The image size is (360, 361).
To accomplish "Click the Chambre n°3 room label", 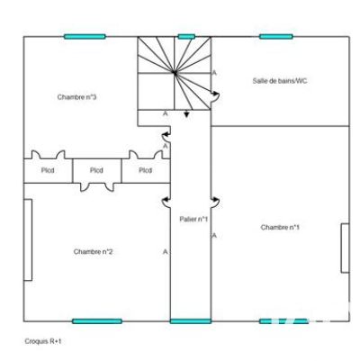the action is click(x=76, y=97).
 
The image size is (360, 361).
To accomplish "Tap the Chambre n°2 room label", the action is click(x=93, y=252).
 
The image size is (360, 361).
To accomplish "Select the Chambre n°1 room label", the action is click(x=280, y=228).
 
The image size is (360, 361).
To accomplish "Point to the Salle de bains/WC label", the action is click(x=280, y=81).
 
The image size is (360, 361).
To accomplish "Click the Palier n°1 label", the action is click(x=193, y=220).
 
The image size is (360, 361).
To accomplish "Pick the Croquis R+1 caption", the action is click(x=43, y=341).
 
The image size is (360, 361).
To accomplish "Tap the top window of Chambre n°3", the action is click(x=85, y=37).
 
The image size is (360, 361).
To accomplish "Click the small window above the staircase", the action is click(x=186, y=37).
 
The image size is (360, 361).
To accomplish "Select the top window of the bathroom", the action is click(x=276, y=37).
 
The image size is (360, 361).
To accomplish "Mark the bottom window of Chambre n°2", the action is click(x=97, y=321).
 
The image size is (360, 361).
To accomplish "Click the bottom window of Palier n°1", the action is click(x=191, y=321).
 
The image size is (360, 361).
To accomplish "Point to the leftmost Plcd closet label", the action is click(x=48, y=170).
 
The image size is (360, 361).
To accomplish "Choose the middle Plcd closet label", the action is click(x=96, y=170).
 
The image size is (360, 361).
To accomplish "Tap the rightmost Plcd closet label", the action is click(x=146, y=170).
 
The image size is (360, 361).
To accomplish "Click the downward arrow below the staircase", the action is click(x=186, y=113).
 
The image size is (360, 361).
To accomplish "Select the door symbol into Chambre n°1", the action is click(x=215, y=203).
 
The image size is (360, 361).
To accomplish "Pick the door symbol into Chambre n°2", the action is click(x=166, y=203).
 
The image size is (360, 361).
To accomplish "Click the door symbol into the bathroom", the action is click(x=215, y=96).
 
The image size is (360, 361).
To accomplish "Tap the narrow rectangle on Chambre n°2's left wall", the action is click(x=28, y=240).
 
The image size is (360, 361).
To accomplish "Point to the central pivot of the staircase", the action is click(x=175, y=72).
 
